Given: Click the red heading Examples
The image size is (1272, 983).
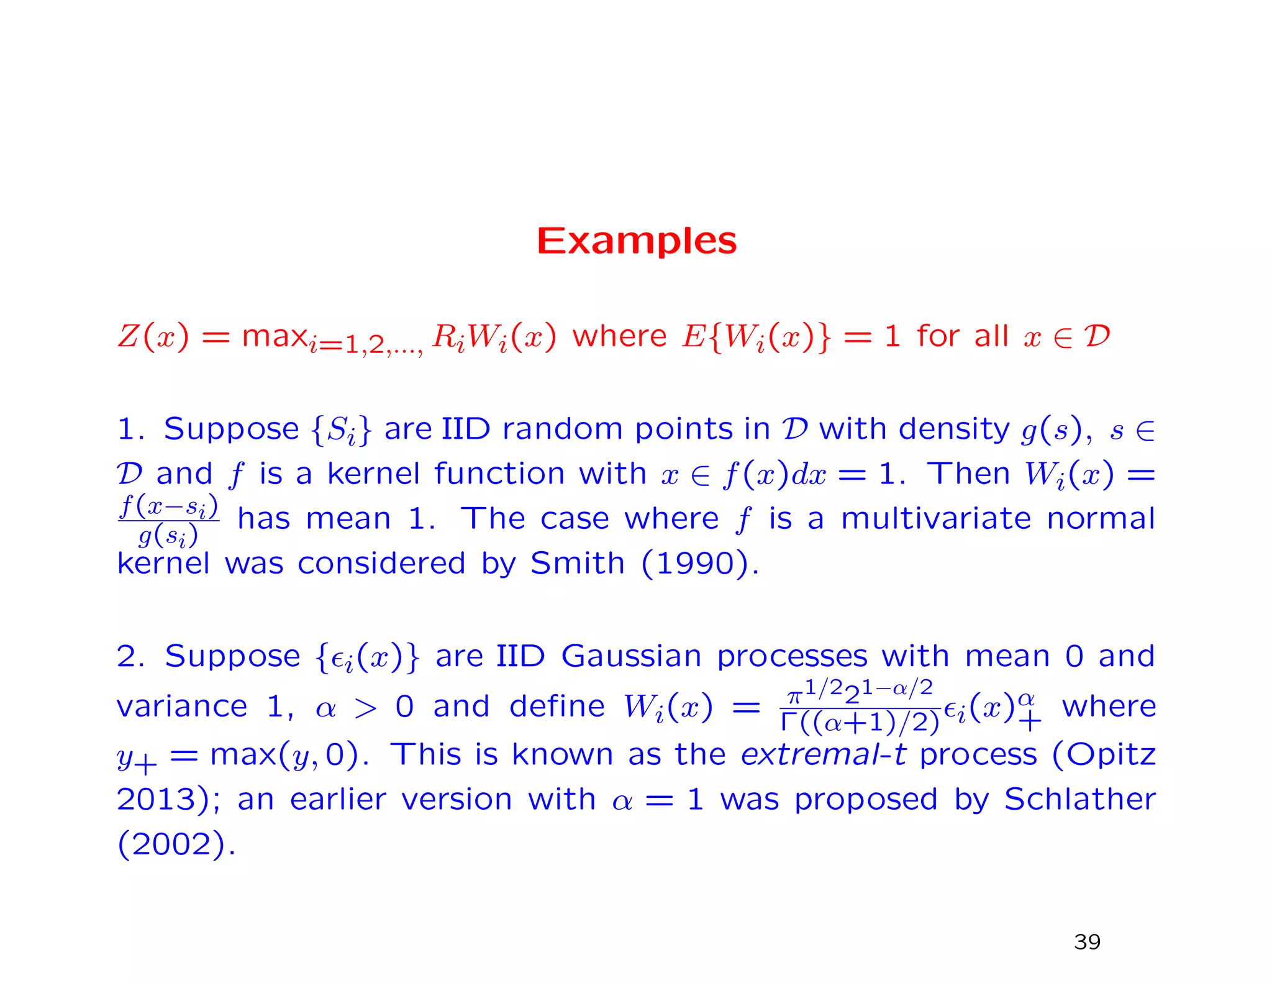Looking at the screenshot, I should tap(637, 241).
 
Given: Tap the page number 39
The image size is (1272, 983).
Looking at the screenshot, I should tap(1087, 942).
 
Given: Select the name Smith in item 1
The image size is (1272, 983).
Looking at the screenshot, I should tap(577, 564).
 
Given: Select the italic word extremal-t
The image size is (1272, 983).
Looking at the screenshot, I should tap(823, 754).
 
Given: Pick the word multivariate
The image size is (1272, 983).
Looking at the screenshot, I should tap(935, 518).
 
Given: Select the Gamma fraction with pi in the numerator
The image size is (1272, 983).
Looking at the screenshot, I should tap(860, 706).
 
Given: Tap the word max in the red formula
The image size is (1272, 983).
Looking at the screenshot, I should tap(274, 336).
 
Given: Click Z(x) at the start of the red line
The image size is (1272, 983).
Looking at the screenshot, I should tap(153, 336).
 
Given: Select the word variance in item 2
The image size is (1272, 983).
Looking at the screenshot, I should tap(182, 706).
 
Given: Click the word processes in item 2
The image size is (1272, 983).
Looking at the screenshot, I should tap(792, 656).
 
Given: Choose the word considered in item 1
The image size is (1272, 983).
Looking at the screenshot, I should tap(381, 564).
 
